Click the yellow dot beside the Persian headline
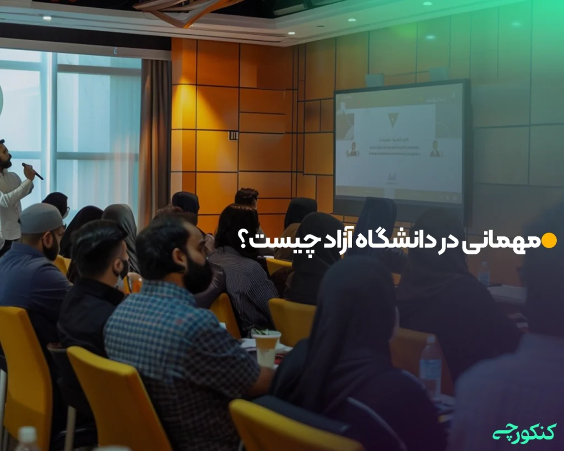(549, 241)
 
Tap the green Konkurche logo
(524, 432)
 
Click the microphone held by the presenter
(32, 171)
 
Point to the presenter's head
(4, 154)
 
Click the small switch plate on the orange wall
(234, 135)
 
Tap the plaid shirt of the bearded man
(182, 352)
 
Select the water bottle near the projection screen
(484, 273)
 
